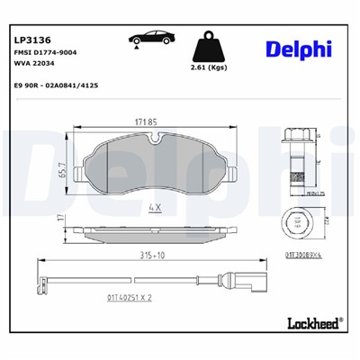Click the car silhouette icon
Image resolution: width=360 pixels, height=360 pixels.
click(148, 40)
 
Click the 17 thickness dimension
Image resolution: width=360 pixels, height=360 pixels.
click(60, 219)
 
